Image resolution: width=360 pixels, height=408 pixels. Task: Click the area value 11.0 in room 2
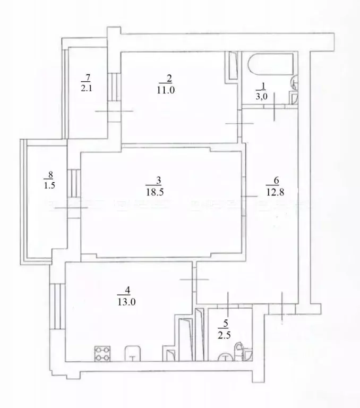(x=166, y=90)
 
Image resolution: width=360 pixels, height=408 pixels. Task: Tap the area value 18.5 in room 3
(x=155, y=192)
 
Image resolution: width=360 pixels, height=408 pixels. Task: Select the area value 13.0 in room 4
(x=126, y=302)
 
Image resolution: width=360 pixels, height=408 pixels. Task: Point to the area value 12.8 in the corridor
(x=276, y=192)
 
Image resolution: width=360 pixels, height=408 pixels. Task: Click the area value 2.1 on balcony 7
(x=86, y=88)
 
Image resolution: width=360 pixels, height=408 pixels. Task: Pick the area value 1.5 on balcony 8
(x=49, y=185)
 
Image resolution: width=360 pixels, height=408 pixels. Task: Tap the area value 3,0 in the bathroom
(x=262, y=97)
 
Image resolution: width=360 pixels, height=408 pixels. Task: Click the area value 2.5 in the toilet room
(x=224, y=335)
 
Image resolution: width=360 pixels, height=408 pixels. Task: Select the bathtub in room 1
(x=270, y=64)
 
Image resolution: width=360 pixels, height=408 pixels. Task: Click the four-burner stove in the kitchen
(x=102, y=354)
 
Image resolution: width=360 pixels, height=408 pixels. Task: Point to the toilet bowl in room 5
(x=238, y=350)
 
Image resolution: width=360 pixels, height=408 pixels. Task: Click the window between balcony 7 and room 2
(x=114, y=87)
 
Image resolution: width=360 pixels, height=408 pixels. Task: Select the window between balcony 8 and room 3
(x=74, y=183)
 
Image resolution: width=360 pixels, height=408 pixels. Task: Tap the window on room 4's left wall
(x=57, y=307)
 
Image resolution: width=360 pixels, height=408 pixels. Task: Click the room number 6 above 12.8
(x=276, y=180)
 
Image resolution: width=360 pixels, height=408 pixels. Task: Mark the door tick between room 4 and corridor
(x=194, y=279)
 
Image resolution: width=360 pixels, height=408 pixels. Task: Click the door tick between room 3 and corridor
(x=249, y=196)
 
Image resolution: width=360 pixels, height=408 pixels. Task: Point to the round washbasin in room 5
(x=226, y=357)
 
